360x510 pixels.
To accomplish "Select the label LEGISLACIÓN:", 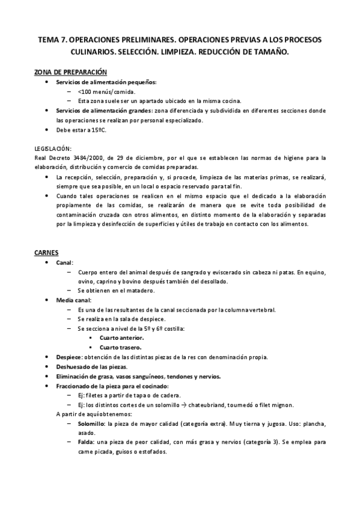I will pos(53,148).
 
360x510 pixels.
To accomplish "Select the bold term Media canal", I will pos(74,300).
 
